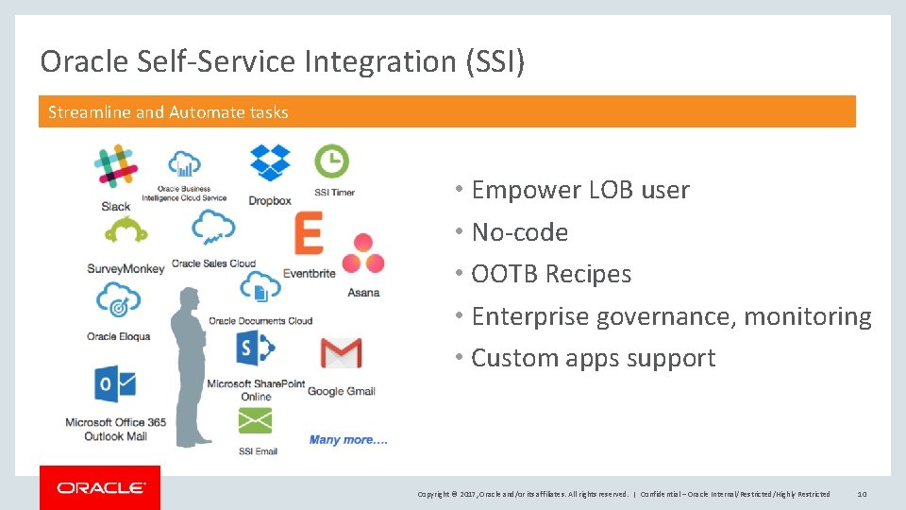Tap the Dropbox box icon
click(x=270, y=163)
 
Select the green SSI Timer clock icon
click(x=331, y=161)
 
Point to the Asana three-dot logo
click(x=362, y=255)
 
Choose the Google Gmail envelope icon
click(x=341, y=353)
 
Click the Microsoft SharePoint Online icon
click(x=255, y=349)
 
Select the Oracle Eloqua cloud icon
click(x=119, y=300)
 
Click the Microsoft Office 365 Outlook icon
click(x=115, y=384)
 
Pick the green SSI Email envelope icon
click(x=257, y=421)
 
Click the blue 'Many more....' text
click(x=348, y=439)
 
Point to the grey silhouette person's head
click(x=190, y=299)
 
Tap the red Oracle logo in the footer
click(x=100, y=487)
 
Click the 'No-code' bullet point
click(x=519, y=232)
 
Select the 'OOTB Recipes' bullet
click(x=551, y=274)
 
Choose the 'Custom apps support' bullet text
click(x=593, y=358)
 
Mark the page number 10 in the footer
click(x=862, y=494)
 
